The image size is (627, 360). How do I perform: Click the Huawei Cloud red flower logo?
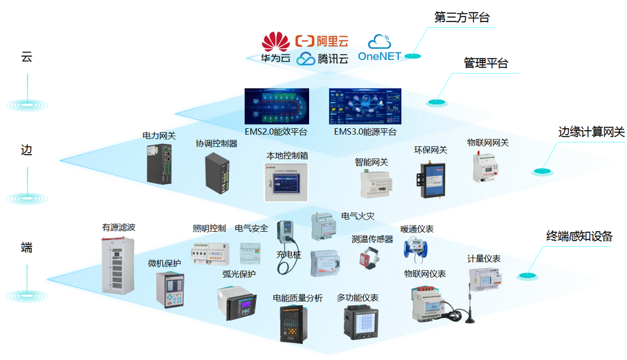click(276, 43)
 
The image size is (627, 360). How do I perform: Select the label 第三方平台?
click(461, 18)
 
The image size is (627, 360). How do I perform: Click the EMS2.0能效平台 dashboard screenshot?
click(277, 106)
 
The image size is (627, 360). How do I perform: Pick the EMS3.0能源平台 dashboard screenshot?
click(365, 106)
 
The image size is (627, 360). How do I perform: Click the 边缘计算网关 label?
click(591, 132)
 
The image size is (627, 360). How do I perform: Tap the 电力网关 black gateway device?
click(160, 164)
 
